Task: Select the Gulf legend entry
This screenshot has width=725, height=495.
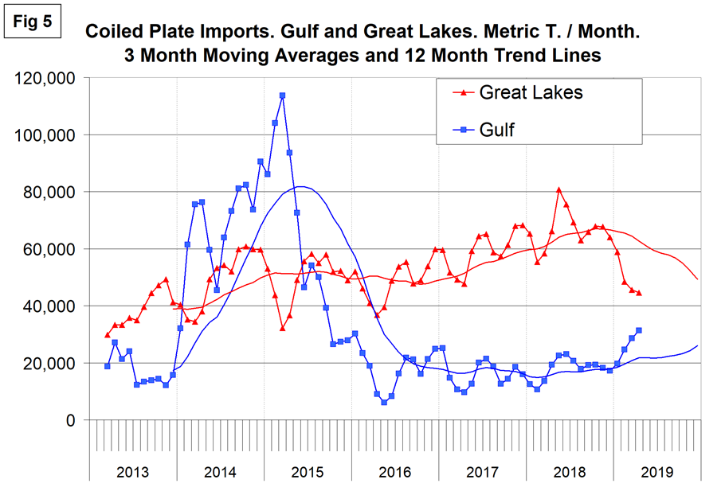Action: click(496, 130)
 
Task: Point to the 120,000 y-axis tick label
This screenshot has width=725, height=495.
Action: click(45, 79)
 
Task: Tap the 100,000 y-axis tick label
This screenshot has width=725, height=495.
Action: click(45, 135)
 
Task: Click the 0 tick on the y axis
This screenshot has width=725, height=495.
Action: click(69, 420)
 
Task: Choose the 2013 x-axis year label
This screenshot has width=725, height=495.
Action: click(132, 472)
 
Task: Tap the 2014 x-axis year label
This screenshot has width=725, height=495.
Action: click(220, 472)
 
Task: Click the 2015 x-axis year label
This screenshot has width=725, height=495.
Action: click(308, 472)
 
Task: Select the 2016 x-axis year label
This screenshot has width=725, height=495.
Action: click(394, 472)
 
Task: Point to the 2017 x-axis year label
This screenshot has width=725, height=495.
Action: click(482, 472)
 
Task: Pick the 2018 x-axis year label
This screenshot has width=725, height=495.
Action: click(569, 472)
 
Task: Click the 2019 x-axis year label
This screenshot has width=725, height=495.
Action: click(656, 472)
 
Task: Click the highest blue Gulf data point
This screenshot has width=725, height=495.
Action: click(282, 95)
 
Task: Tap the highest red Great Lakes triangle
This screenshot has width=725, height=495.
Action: click(559, 189)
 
